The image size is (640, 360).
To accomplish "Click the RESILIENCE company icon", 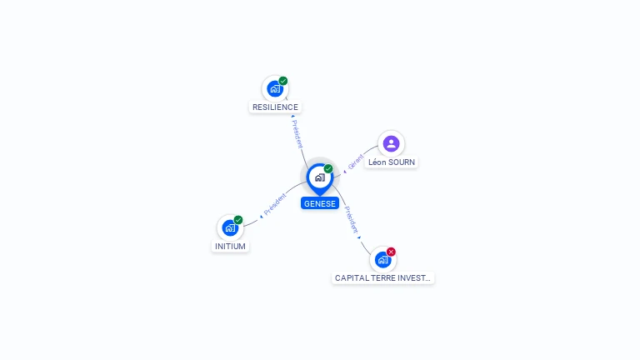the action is point(275,88).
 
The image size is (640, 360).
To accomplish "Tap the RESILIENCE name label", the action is point(275,107).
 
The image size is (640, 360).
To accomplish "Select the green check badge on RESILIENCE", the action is point(283,81).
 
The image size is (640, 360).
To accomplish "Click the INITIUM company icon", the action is point(230,227).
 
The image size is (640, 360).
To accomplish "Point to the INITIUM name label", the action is point(230,246).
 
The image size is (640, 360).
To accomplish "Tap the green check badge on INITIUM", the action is point(238,220).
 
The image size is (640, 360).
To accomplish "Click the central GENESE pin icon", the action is point(320,178).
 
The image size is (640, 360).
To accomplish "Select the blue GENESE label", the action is point(320,203).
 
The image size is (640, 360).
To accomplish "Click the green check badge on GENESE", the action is point(328,168).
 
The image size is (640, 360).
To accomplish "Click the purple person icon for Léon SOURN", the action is point(391,143).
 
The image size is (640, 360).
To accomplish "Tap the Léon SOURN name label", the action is point(392,162).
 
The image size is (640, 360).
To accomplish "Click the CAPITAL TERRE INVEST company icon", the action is point(382,260).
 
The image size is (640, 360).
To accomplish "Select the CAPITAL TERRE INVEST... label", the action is point(382,278).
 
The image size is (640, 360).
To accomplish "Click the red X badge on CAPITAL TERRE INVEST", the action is point(391,252).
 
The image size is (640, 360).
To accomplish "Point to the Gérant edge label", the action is point(356,162).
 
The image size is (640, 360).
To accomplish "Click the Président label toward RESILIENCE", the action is point(297,134).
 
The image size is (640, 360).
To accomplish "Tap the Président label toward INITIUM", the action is point(275,204).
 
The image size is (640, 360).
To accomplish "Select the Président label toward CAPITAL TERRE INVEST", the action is point(351,220).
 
